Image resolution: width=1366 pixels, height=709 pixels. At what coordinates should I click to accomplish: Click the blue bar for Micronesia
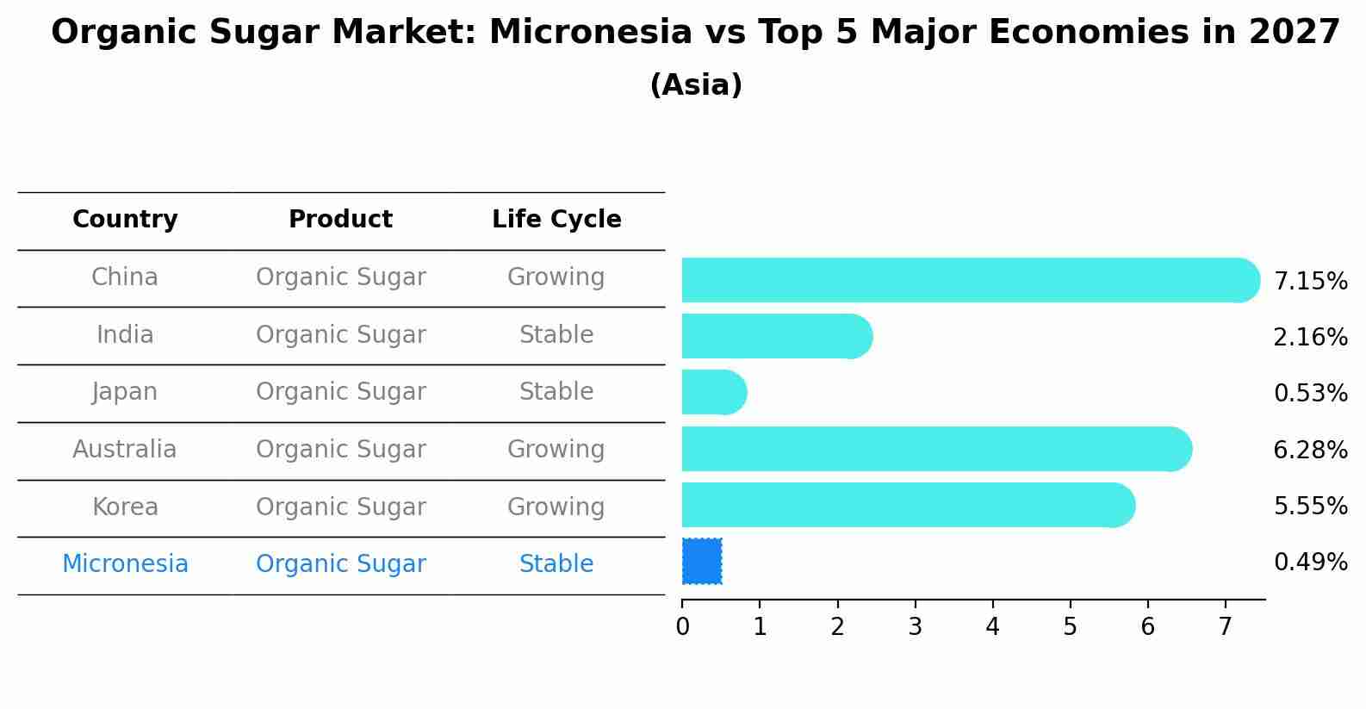coord(702,562)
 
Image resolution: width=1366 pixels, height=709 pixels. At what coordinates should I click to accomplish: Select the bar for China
coord(971,280)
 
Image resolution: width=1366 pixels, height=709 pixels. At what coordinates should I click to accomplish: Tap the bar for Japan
coord(714,392)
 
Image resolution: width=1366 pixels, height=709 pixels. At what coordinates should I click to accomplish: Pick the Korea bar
coord(909,505)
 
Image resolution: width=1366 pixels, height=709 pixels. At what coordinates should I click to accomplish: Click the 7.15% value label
coord(1311,282)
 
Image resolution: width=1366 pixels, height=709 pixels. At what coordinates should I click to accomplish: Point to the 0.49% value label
coord(1311,562)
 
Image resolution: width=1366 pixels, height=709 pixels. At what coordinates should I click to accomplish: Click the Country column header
coord(125,219)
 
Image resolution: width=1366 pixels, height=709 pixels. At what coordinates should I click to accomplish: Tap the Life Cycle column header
coord(556,219)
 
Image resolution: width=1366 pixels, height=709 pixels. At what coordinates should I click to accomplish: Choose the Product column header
coord(340,219)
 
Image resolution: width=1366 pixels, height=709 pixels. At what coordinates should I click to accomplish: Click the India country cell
coord(125,334)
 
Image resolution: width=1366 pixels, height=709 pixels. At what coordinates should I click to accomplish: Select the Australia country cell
coord(125,449)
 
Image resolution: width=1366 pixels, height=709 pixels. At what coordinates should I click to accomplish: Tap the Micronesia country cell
coord(125,563)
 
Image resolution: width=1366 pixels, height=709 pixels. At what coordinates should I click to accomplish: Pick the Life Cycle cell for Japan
coord(556,392)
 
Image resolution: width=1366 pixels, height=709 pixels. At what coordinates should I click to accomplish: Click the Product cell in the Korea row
coord(341,507)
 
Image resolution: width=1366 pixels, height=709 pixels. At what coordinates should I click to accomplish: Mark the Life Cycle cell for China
coord(556,277)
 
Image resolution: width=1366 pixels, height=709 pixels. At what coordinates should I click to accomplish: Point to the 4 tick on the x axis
coord(993,604)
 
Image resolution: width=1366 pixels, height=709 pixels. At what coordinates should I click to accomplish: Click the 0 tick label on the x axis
coord(682,626)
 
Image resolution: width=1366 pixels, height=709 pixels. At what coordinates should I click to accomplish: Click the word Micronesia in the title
coord(591,32)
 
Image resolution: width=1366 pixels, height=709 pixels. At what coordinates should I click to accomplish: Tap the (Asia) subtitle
coord(697,84)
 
